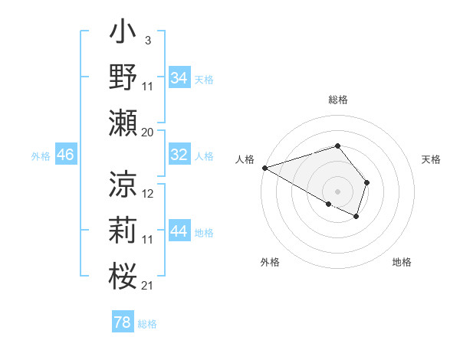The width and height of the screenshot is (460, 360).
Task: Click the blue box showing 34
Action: [179, 78]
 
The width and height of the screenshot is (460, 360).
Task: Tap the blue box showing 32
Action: [179, 155]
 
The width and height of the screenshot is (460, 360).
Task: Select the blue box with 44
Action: [179, 232]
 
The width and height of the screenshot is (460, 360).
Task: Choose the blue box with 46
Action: [66, 155]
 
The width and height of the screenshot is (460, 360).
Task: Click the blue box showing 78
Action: [123, 322]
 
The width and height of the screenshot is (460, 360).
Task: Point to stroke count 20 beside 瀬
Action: [148, 132]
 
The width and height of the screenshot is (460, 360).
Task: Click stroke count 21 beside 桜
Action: [148, 286]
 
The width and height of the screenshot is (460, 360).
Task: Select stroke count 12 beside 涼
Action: [148, 194]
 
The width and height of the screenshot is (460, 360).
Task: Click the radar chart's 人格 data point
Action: [264, 168]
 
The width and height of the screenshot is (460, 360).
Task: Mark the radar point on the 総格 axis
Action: [337, 146]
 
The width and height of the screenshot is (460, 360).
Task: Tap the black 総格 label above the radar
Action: [337, 100]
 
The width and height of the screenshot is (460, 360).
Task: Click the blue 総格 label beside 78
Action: [147, 324]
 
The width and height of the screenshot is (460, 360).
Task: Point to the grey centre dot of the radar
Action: [337, 190]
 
